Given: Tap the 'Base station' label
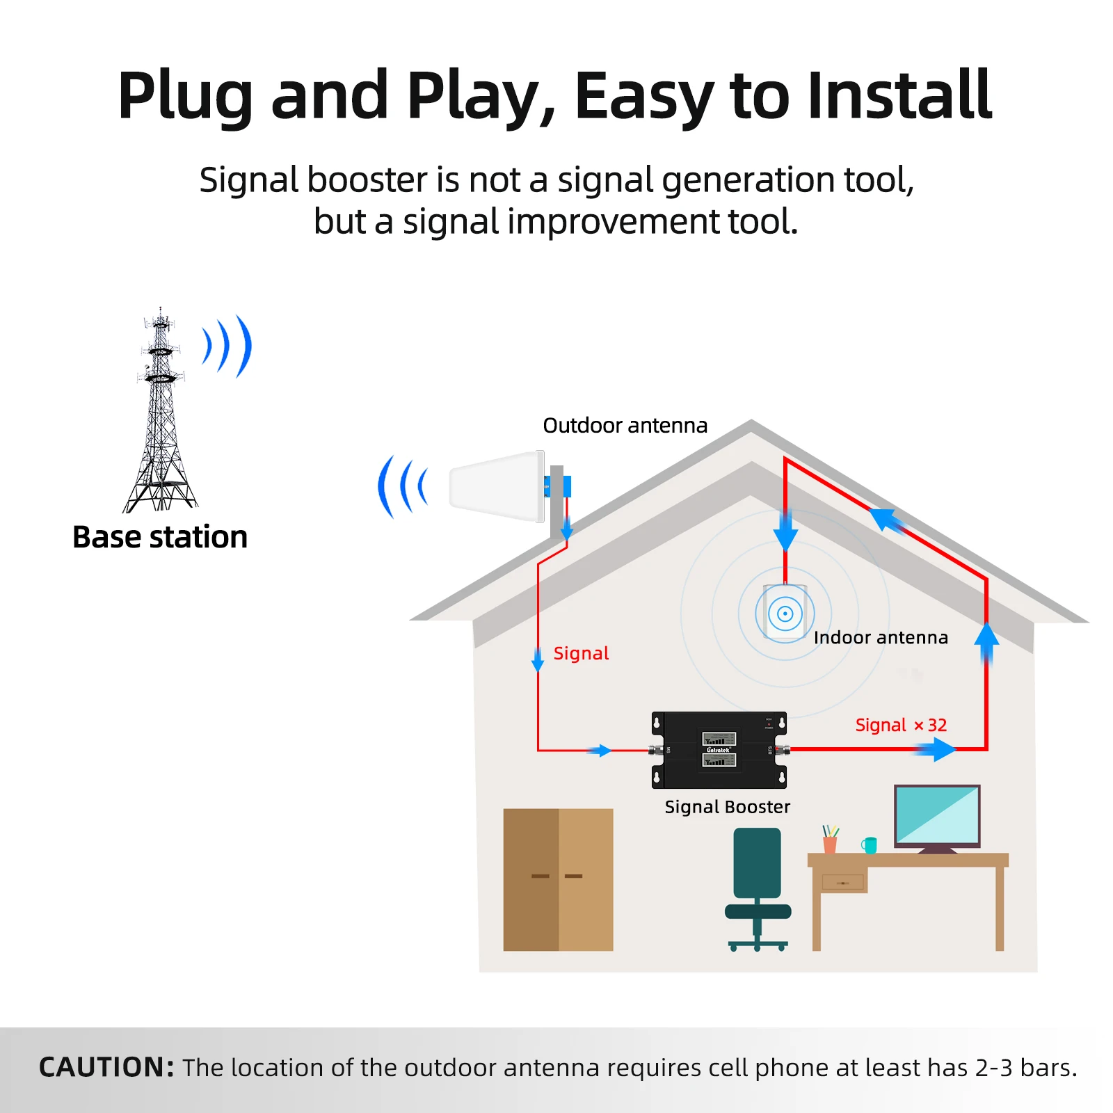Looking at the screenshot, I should tap(160, 537).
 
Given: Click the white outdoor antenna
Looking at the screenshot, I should tap(495, 486).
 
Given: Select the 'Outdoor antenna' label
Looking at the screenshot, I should tap(625, 425).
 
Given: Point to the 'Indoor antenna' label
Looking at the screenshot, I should tap(881, 637).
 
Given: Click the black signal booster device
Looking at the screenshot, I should tap(719, 750).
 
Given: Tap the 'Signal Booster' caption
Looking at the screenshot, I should tap(727, 807).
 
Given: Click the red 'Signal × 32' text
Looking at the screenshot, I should tap(901, 725).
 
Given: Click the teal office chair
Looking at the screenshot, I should tap(758, 883).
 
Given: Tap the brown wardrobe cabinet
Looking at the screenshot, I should tap(558, 879).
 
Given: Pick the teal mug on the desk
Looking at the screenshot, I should tap(870, 844).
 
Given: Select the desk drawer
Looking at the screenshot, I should tap(842, 883).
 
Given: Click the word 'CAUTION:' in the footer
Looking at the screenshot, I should tap(106, 1067).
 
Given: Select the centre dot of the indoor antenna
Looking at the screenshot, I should tap(785, 614).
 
